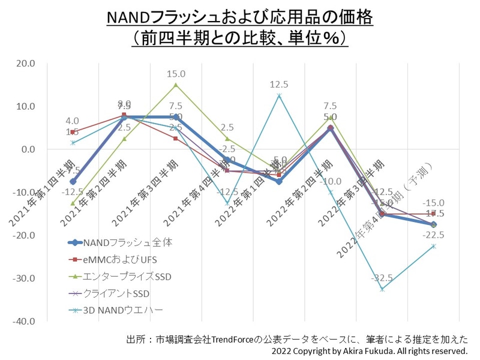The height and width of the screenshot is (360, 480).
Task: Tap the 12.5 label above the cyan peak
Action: [x=279, y=85]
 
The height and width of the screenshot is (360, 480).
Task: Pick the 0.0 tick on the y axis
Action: [x=28, y=149]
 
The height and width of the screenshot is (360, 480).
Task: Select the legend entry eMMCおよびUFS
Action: [x=119, y=260]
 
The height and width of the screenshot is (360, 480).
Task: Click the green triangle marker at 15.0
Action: [x=176, y=85]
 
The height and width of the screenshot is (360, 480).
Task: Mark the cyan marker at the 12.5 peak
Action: [x=279, y=95]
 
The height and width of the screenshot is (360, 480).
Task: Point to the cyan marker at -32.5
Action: [x=382, y=289]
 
